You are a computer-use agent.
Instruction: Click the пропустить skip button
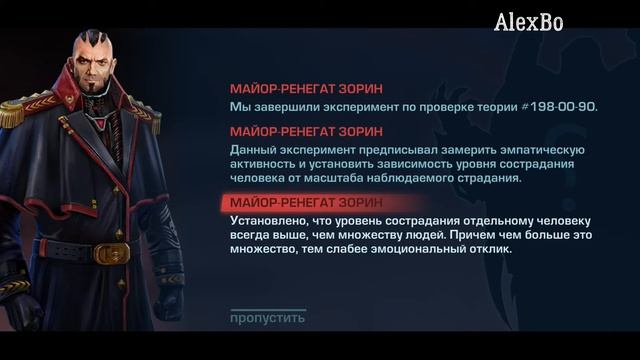click(x=267, y=318)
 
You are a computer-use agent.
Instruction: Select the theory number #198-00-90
click(x=556, y=107)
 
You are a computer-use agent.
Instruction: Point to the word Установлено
click(x=270, y=220)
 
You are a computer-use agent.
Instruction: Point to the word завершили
click(x=285, y=107)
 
